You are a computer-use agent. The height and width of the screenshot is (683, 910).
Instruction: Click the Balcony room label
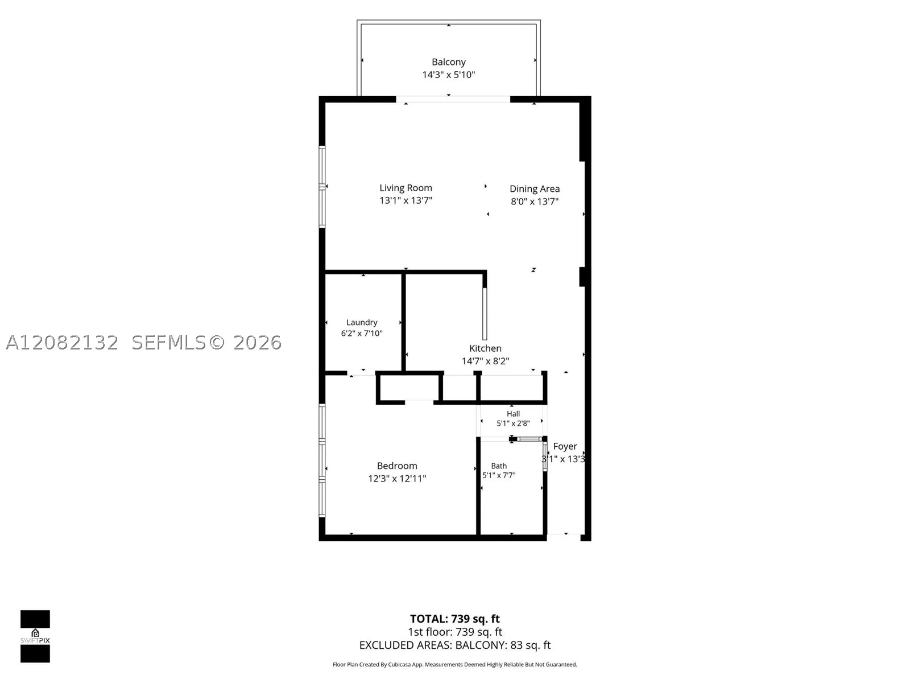[449, 62]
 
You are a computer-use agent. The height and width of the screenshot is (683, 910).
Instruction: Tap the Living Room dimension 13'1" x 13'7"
[406, 200]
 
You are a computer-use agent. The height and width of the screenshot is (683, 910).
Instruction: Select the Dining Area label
[535, 189]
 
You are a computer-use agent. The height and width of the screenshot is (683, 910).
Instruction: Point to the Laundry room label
[362, 322]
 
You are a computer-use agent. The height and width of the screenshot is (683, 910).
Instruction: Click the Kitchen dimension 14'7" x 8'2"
[486, 361]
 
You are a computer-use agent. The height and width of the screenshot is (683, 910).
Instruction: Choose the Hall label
[513, 413]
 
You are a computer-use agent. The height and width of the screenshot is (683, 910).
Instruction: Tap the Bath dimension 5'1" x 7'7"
[499, 475]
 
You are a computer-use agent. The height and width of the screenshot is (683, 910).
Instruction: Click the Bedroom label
[397, 466]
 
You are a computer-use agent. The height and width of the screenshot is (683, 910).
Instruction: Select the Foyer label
[565, 446]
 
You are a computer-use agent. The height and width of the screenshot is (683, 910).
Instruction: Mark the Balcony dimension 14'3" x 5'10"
[449, 75]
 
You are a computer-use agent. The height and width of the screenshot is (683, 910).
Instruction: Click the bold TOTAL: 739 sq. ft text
[455, 619]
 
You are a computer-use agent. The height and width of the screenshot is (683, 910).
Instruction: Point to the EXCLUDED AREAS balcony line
[455, 645]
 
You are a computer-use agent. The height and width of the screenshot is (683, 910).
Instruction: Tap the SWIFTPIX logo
[35, 636]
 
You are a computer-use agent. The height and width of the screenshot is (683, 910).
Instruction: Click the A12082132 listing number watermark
[62, 343]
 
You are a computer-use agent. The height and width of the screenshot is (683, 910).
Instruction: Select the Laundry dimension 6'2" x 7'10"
[362, 334]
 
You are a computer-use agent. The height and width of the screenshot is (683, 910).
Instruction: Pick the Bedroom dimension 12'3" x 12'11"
[397, 479]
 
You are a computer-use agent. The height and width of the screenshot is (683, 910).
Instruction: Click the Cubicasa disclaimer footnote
[455, 665]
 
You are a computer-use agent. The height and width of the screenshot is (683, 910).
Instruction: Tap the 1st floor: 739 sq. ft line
[455, 632]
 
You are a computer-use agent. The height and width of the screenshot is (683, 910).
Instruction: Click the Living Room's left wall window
[322, 187]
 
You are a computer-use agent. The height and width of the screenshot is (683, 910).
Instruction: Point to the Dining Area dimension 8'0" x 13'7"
[535, 201]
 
